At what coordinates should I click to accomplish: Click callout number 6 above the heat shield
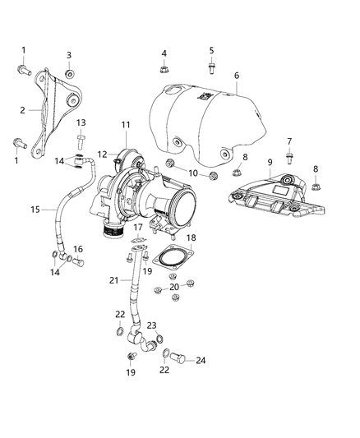click(x=237, y=76)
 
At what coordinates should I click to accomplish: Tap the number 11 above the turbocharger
click(x=126, y=125)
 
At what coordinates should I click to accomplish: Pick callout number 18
click(x=192, y=237)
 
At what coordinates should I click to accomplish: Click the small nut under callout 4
click(x=164, y=70)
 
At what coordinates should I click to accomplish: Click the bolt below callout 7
click(x=289, y=159)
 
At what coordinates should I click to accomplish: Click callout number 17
click(x=138, y=228)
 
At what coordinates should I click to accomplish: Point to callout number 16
click(x=79, y=249)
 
